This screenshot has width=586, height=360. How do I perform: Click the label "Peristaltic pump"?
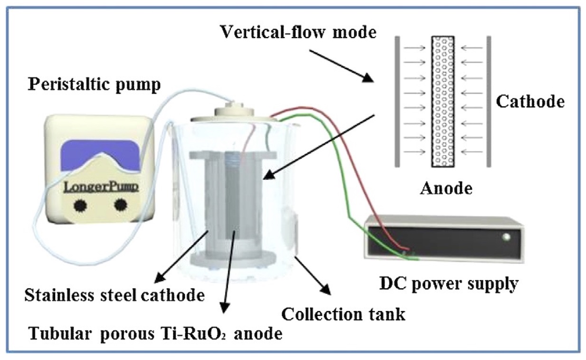95,85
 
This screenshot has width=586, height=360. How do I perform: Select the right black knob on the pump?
121,205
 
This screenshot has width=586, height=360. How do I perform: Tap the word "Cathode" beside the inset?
530,101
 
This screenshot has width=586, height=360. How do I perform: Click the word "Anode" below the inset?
446,189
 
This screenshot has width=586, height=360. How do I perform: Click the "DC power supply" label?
448,284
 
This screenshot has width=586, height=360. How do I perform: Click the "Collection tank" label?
343,313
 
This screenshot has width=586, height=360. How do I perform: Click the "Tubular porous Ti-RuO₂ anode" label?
156,334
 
